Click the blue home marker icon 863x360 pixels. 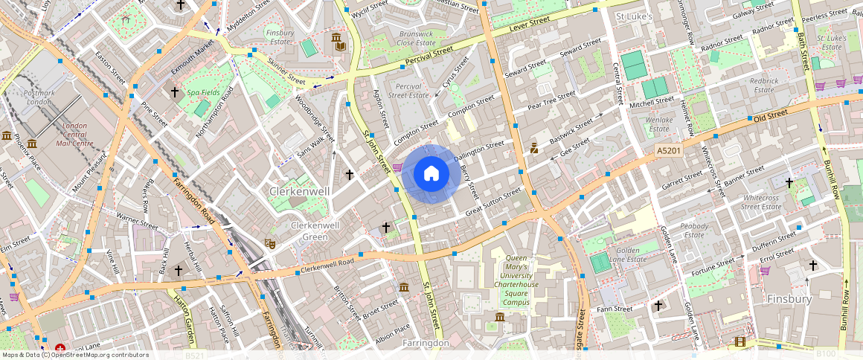pos(431,174)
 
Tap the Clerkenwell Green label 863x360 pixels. pos(309,231)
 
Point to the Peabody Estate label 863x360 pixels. pos(694,230)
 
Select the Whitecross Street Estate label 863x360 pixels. pos(760,202)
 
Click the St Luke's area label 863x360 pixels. pos(634,16)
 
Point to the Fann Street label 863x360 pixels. pos(615,309)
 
